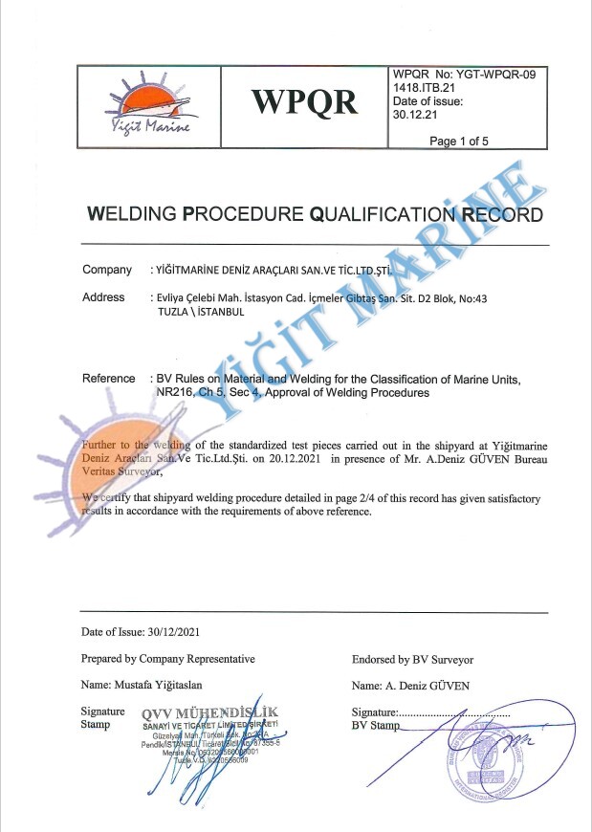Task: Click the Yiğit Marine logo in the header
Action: (148, 107)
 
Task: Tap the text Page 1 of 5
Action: (459, 142)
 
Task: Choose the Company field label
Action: (107, 270)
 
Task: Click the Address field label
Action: (103, 297)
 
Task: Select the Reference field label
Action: (109, 378)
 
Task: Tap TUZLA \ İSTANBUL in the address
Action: (201, 312)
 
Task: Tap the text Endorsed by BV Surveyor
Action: (412, 659)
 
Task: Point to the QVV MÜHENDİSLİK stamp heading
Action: (209, 712)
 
